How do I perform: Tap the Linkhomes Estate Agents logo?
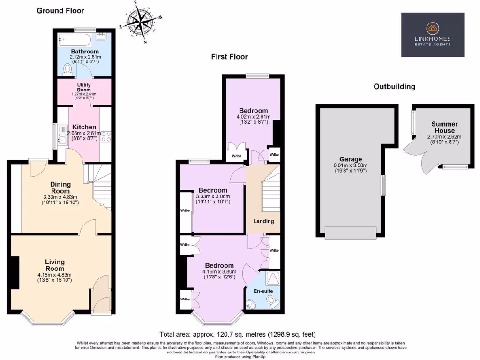[x=432, y=35]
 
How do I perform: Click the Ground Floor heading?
[x=60, y=10]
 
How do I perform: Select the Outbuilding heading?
[x=394, y=87]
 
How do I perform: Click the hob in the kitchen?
[x=106, y=136]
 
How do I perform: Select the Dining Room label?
[x=60, y=187]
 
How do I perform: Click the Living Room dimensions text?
[x=54, y=277]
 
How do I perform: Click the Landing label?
[x=263, y=221]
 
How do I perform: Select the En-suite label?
[x=264, y=291]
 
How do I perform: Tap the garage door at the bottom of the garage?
[x=351, y=232]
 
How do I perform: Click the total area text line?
[x=237, y=335]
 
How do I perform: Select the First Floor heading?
[x=229, y=57]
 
